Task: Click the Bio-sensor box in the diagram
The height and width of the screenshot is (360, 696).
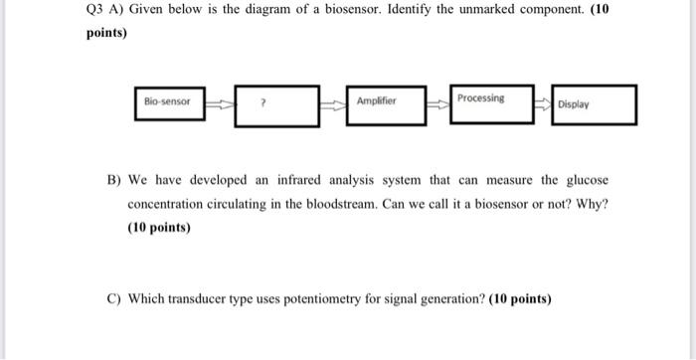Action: point(170,101)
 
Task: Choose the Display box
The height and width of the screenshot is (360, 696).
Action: point(593,104)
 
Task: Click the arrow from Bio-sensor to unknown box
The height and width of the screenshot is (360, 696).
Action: point(220,101)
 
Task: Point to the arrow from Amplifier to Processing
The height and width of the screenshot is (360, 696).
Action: point(436,101)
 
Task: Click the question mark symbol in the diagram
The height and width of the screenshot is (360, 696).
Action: point(261,101)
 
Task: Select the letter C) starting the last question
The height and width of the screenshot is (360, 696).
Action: point(115,298)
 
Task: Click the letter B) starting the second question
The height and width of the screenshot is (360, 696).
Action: point(115,180)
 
